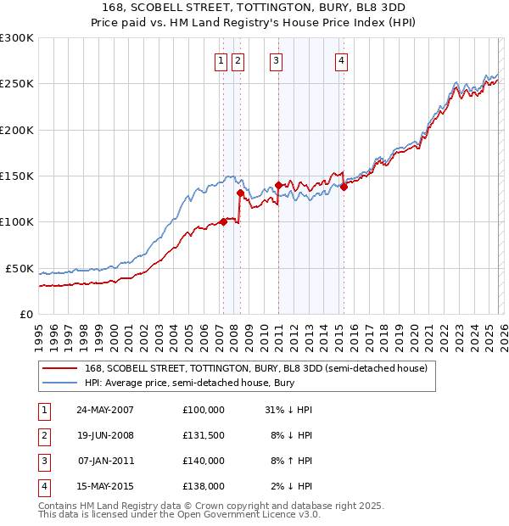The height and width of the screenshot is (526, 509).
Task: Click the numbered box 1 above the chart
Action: [221, 60]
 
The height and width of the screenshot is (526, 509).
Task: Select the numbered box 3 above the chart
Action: [277, 60]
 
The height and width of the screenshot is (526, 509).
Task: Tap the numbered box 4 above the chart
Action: [341, 60]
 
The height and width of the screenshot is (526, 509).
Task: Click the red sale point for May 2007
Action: [223, 222]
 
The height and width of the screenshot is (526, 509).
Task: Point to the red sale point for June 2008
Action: [240, 193]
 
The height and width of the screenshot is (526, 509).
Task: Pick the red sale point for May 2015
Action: [344, 187]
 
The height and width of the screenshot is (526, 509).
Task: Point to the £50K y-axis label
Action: [20, 268]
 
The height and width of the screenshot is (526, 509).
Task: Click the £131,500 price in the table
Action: [203, 435]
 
